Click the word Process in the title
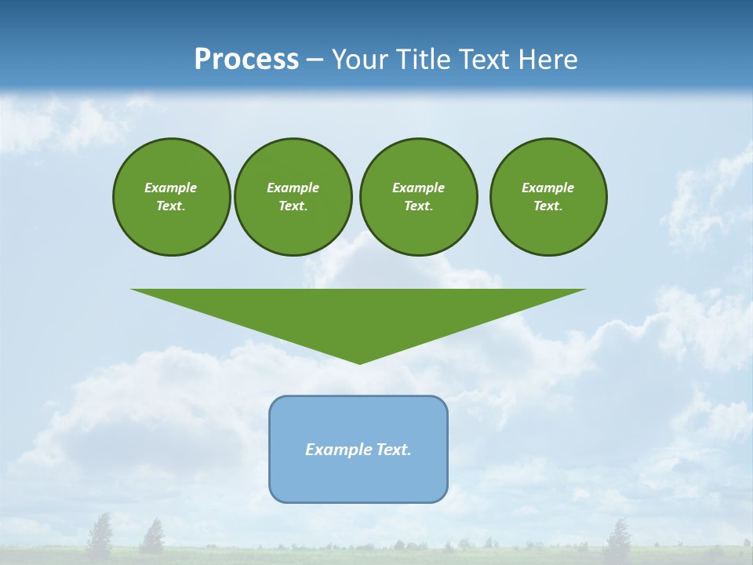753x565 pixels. click(x=246, y=60)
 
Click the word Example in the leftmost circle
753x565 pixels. click(x=171, y=188)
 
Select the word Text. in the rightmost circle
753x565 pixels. click(x=548, y=206)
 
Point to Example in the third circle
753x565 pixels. click(x=418, y=188)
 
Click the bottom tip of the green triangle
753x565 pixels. click(x=359, y=363)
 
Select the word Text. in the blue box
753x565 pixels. click(x=395, y=450)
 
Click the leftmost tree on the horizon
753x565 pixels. click(x=100, y=535)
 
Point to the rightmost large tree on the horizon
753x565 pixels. click(x=618, y=538)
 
